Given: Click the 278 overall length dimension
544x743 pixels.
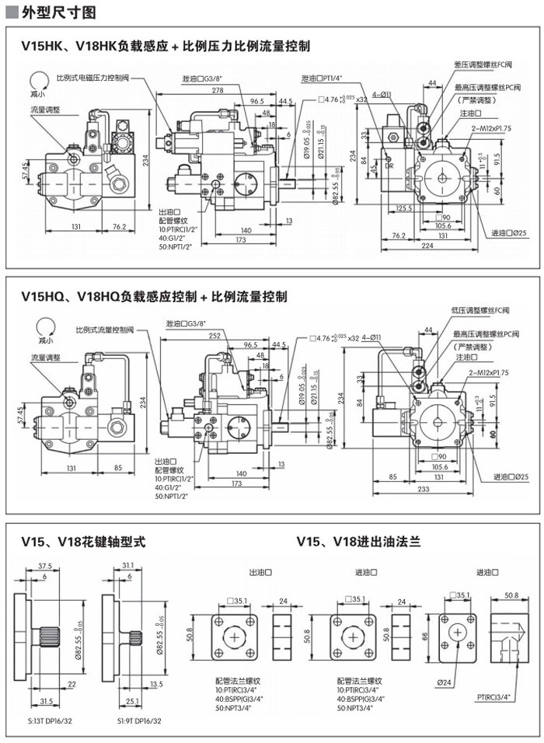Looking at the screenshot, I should pyautogui.click(x=218, y=91).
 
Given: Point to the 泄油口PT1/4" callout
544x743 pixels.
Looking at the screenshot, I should pyautogui.click(x=323, y=78).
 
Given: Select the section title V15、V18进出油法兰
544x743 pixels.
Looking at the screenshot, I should pyautogui.click(x=358, y=541).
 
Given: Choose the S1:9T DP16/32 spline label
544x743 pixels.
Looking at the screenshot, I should pyautogui.click(x=139, y=721).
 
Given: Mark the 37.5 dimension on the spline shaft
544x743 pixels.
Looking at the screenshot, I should pyautogui.click(x=45, y=566).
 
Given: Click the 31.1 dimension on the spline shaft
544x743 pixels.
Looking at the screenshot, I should pyautogui.click(x=128, y=566).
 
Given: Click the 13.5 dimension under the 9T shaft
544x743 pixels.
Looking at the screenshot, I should pyautogui.click(x=155, y=684).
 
